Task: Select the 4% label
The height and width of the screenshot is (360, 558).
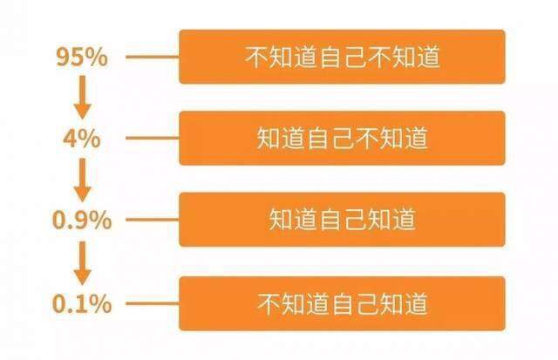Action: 82,139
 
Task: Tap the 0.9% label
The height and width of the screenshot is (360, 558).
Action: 82,221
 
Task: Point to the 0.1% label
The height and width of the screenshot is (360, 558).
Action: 82,303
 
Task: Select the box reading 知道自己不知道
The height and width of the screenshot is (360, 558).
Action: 342,139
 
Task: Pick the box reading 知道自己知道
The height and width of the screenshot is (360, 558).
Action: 342,221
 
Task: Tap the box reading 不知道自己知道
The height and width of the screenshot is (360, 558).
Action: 342,303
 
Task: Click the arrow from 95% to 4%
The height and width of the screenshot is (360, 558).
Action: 82,98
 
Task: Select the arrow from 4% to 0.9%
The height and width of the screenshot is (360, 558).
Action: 82,180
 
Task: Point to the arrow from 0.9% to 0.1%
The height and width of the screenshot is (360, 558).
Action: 82,262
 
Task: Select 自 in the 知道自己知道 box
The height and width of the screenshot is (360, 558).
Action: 330,221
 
